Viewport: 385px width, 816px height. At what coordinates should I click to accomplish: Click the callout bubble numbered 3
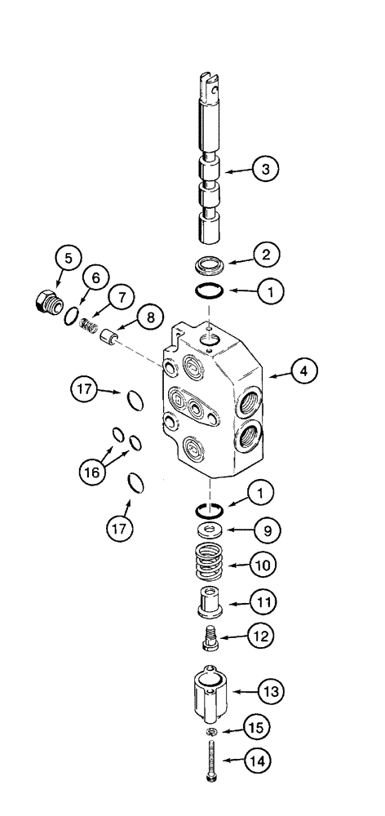click(x=264, y=170)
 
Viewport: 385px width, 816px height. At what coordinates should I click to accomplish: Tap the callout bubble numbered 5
click(x=69, y=259)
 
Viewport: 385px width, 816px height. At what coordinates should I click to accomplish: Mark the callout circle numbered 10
click(x=264, y=565)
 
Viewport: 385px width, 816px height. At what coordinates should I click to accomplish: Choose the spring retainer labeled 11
click(x=212, y=603)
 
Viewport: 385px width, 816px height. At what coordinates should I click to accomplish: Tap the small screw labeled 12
click(x=211, y=636)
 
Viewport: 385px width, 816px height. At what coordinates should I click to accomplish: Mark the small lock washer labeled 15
click(x=211, y=730)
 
